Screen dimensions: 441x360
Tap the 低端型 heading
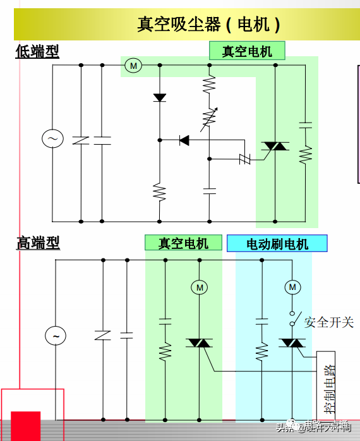(37, 51)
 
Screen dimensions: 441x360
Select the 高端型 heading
(38, 242)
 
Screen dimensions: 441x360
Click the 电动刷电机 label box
(277, 243)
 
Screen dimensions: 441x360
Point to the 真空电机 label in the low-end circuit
(247, 51)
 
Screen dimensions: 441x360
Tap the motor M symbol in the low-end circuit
(133, 65)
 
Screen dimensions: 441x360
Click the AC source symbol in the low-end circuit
(52, 138)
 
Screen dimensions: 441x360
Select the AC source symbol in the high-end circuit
(56, 336)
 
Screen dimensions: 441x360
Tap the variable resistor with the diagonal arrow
(209, 117)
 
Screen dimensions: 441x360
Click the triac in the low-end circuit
(275, 146)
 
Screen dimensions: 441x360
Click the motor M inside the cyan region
(292, 287)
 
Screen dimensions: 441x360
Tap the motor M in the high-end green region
(200, 287)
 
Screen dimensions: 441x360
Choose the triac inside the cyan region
(292, 343)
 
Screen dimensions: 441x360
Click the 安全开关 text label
(328, 322)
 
